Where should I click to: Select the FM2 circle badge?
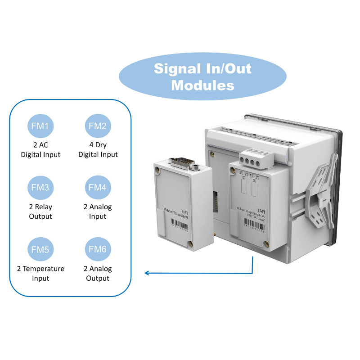98,126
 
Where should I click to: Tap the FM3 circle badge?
40,188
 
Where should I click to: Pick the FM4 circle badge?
98,188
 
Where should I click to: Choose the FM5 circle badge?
40,249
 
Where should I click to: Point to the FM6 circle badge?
98,249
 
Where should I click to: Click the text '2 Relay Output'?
40,211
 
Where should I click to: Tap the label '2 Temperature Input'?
40,273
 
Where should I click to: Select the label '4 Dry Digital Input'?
98,150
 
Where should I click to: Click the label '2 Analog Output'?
98,273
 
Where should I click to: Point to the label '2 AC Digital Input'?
40,150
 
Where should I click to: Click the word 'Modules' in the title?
202,85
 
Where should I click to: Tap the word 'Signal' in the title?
177,68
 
